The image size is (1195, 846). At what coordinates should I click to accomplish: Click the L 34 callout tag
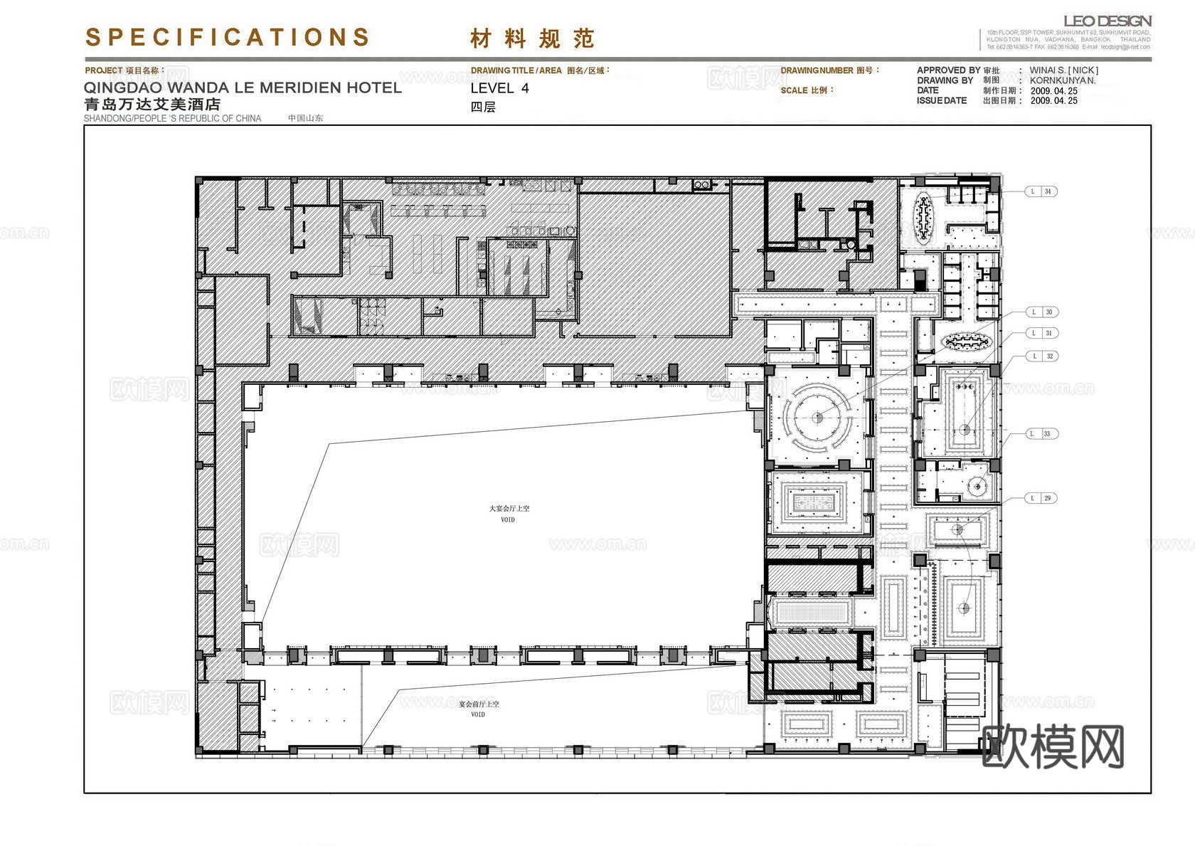1041,191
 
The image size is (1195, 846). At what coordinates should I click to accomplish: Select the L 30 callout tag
1041,312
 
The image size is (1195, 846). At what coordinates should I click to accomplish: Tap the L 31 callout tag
1041,334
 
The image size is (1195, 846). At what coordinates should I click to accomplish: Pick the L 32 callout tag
1041,356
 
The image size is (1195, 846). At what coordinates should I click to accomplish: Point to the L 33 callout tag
1041,434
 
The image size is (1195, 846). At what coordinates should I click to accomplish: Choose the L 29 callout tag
1041,498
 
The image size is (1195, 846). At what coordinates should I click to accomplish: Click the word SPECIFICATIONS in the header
228,37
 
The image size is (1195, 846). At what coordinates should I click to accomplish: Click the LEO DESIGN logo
1107,21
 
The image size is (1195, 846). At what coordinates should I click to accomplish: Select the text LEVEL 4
499,89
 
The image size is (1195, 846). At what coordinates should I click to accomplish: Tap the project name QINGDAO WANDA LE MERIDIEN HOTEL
243,88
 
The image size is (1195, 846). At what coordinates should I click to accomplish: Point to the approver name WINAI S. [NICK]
1063,70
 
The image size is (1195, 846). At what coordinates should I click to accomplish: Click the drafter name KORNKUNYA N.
1062,80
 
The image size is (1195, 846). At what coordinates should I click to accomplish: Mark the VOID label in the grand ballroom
508,520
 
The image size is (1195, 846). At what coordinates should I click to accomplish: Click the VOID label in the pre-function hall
478,714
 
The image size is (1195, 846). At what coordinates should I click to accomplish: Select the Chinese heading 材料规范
532,38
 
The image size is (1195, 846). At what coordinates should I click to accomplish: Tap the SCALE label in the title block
807,90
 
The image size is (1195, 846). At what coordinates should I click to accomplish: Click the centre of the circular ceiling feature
818,418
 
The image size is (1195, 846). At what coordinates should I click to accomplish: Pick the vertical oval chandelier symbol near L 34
923,216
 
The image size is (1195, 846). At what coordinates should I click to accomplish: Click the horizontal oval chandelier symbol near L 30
966,342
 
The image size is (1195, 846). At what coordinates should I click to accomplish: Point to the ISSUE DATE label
942,101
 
